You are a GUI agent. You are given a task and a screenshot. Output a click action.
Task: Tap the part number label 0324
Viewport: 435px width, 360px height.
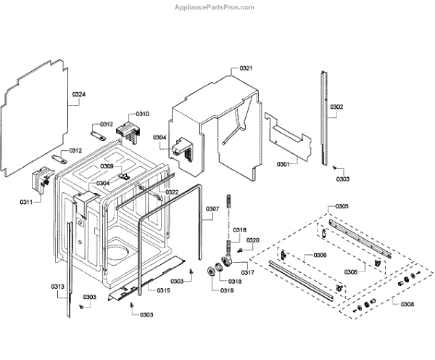(78, 94)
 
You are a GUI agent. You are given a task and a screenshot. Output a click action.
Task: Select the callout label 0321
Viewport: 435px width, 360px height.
(246, 68)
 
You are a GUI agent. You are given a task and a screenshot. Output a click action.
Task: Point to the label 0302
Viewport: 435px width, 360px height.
(337, 107)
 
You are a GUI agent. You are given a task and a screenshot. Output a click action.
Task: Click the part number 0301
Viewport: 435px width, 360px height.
(283, 164)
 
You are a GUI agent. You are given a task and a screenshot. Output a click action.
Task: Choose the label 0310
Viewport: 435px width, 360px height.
(142, 114)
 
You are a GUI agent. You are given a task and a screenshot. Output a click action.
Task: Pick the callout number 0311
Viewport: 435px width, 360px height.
(25, 201)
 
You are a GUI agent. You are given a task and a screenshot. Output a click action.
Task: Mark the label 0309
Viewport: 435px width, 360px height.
(107, 166)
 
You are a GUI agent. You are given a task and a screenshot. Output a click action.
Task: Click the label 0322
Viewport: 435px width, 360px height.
(172, 192)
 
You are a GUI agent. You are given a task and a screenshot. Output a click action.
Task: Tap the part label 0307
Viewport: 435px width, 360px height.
(212, 209)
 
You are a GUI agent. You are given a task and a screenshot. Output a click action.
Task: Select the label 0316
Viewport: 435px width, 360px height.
(240, 229)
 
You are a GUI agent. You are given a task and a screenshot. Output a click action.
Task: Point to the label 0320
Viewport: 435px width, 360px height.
(253, 240)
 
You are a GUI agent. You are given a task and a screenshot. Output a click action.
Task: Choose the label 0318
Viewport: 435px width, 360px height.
(235, 281)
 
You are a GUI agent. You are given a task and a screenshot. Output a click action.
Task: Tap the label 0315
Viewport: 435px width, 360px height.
(163, 290)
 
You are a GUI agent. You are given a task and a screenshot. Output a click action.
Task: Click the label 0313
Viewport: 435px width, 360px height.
(58, 287)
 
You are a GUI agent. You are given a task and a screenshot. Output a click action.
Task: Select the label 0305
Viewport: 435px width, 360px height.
(341, 207)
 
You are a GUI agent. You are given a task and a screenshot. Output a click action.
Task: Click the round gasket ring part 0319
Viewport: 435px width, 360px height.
(212, 271)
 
